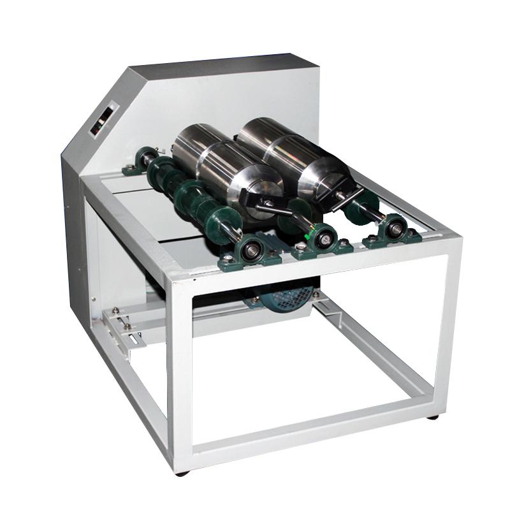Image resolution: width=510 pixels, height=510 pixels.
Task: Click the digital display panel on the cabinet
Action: pyautogui.click(x=101, y=120)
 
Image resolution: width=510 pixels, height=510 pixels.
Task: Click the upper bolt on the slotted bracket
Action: pyautogui.click(x=116, y=311)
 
